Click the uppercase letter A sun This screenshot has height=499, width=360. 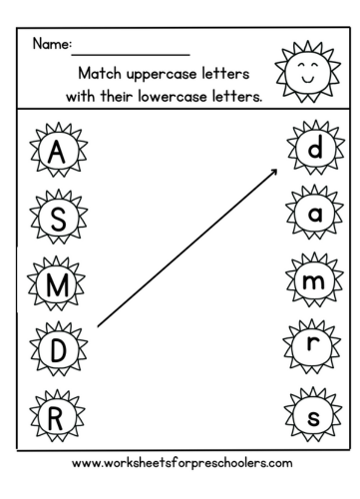(x=58, y=155)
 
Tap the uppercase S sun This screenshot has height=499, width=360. (x=58, y=221)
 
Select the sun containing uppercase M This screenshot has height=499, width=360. (x=58, y=287)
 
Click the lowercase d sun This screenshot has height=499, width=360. (x=312, y=151)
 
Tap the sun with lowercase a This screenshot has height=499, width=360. (x=312, y=216)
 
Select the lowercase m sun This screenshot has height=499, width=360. (x=312, y=283)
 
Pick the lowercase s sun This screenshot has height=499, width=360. (x=312, y=416)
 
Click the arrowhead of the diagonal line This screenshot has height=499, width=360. (x=274, y=171)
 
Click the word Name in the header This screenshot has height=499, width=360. (x=51, y=45)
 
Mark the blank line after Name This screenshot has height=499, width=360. (x=132, y=52)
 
